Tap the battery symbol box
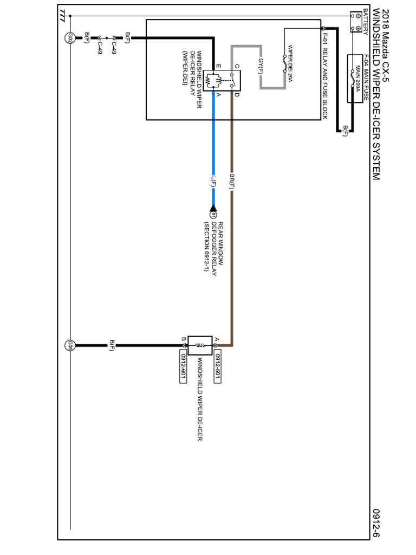coord(356,22)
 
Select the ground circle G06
coord(70,345)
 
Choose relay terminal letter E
coord(218,67)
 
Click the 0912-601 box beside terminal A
coord(217,367)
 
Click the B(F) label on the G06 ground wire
coord(112,345)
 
